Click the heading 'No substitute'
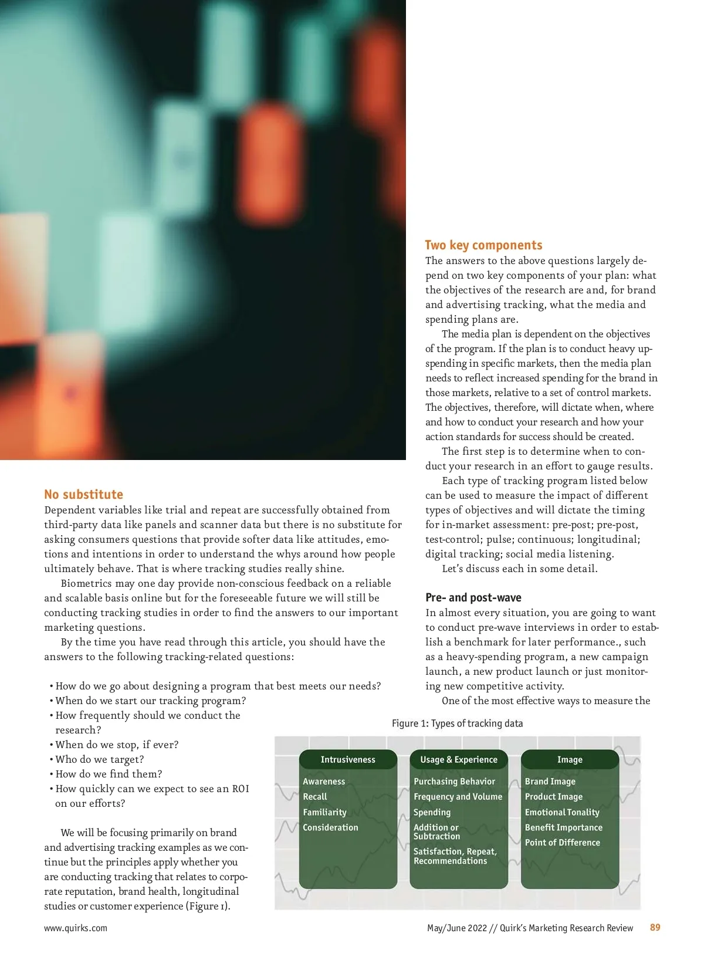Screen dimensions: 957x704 pyautogui.click(x=83, y=494)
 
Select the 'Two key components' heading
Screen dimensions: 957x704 pyautogui.click(x=483, y=245)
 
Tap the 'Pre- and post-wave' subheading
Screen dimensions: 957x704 pyautogui.click(x=473, y=597)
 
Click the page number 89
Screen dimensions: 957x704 pyautogui.click(x=655, y=927)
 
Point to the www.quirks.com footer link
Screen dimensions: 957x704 pyautogui.click(x=76, y=928)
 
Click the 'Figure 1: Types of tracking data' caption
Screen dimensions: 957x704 pyautogui.click(x=457, y=723)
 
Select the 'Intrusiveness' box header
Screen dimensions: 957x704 pyautogui.click(x=348, y=759)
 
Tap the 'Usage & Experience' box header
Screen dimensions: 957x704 pyautogui.click(x=458, y=759)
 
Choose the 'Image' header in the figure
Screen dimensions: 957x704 pyautogui.click(x=570, y=759)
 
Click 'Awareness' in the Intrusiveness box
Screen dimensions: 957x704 pyautogui.click(x=324, y=782)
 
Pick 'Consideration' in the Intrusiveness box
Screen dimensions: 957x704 pyautogui.click(x=330, y=827)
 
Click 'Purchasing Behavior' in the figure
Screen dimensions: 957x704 pyautogui.click(x=454, y=782)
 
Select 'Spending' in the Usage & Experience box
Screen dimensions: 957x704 pyautogui.click(x=432, y=812)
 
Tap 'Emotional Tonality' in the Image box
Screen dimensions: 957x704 pyautogui.click(x=562, y=812)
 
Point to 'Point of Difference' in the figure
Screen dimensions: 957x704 pyautogui.click(x=562, y=843)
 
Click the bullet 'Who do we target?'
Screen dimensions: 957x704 pyautogui.click(x=100, y=759)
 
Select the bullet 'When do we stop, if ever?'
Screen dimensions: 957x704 pyautogui.click(x=117, y=745)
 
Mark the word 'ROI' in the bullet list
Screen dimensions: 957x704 pyautogui.click(x=241, y=789)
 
